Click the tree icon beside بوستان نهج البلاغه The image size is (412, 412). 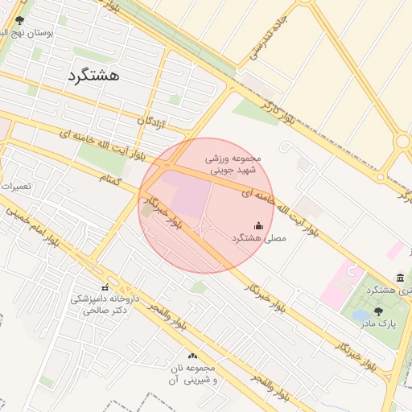click(x=19, y=20)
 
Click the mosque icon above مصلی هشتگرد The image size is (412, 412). click(x=258, y=226)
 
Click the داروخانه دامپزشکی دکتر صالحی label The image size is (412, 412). click(x=105, y=303)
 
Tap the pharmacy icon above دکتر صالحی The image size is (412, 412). click(x=105, y=287)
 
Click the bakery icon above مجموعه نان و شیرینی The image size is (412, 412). click(x=192, y=356)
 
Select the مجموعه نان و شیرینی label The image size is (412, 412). click(x=191, y=373)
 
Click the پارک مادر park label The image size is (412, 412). click(x=378, y=323)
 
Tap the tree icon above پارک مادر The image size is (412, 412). click(x=378, y=311)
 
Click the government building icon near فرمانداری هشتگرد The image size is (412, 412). click(x=400, y=277)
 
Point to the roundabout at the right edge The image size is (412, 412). click(x=402, y=142)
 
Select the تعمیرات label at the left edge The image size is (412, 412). click(x=14, y=186)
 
